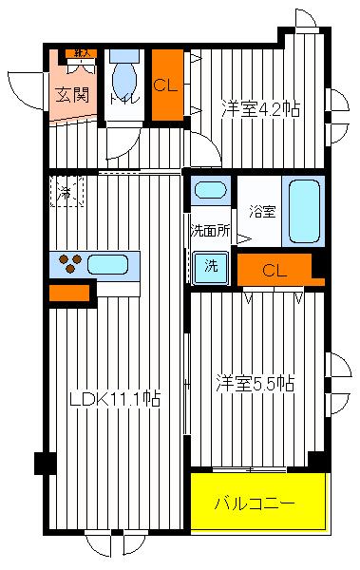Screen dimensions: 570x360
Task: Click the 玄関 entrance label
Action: click(x=71, y=94)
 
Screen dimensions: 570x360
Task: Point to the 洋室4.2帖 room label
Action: click(x=261, y=107)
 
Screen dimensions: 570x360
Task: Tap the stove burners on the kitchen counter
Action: click(x=70, y=263)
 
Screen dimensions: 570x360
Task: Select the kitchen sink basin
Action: click(x=110, y=263)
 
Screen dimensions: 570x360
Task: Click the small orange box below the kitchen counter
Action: click(x=69, y=294)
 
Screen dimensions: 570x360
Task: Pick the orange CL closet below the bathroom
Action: click(x=275, y=271)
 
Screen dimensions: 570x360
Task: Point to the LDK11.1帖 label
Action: click(x=113, y=400)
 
